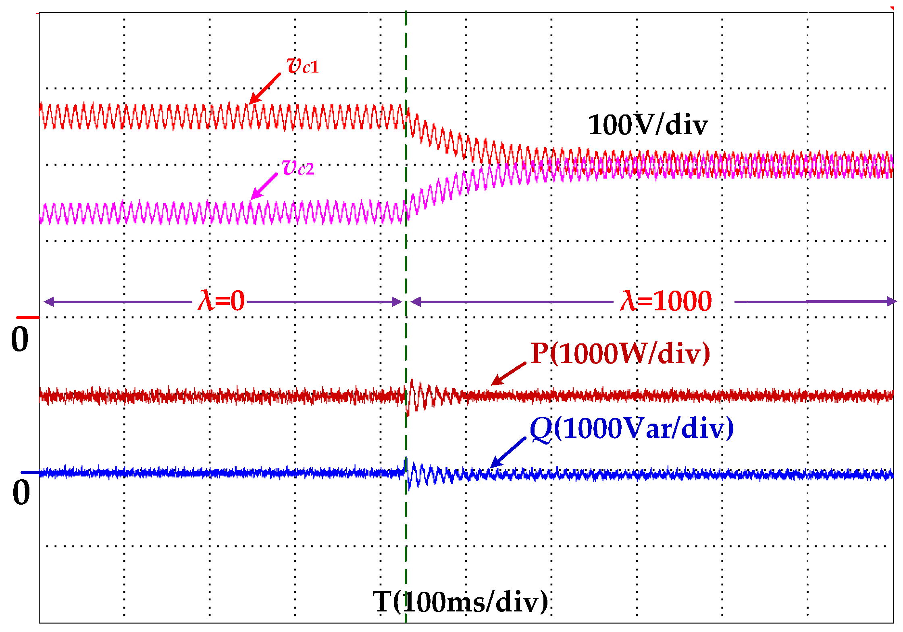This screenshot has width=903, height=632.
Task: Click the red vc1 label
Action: pos(302,66)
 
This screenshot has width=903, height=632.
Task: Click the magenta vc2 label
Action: pos(298,168)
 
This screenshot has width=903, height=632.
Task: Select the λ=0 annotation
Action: pos(221,301)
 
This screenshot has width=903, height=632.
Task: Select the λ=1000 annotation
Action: pos(666,301)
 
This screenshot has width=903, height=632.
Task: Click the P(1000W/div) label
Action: pos(620,353)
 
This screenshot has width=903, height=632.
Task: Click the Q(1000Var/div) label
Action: pos(631,428)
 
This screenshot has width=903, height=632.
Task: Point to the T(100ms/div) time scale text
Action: pos(460,602)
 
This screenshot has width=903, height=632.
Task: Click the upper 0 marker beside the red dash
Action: pos(20,339)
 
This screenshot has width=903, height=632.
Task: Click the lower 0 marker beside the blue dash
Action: pos(21,493)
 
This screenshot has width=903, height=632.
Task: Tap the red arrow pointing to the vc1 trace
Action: pos(264,89)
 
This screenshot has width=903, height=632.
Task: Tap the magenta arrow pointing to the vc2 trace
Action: pos(264,186)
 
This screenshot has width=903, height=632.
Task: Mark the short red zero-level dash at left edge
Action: pos(28,318)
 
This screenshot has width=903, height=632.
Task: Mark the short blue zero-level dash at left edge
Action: pos(30,472)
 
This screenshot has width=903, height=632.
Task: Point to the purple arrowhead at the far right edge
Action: pos(891,301)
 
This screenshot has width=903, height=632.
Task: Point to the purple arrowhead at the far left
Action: pos(48,301)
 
